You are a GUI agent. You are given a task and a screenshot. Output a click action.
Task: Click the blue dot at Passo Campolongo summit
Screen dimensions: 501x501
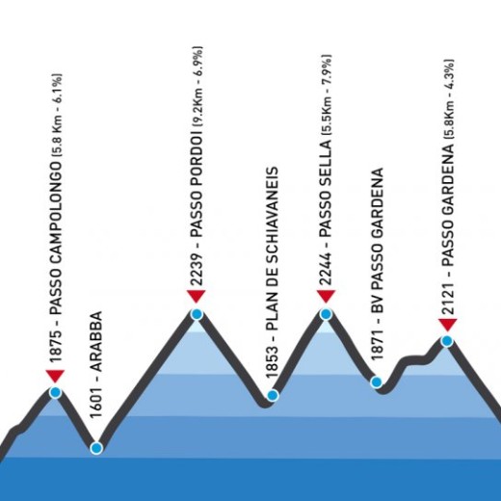pyautogui.click(x=56, y=392)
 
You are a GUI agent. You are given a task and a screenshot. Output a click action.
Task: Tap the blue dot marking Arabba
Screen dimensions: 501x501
pyautogui.click(x=96, y=448)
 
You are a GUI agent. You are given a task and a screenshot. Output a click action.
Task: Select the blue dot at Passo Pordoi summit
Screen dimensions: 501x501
pyautogui.click(x=197, y=314)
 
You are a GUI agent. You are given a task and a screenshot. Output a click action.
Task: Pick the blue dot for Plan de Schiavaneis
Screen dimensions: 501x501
pyautogui.click(x=273, y=395)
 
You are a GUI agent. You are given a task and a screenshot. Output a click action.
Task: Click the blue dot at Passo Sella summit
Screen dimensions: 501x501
pyautogui.click(x=326, y=314)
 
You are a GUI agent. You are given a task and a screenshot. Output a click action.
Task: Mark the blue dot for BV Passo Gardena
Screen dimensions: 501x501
pyautogui.click(x=376, y=382)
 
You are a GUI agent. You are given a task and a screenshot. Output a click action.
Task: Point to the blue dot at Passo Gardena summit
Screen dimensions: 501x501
pyautogui.click(x=447, y=341)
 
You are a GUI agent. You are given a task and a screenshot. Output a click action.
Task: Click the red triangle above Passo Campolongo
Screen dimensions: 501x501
pyautogui.click(x=55, y=376)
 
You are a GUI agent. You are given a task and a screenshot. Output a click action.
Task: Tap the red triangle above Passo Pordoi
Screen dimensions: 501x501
pyautogui.click(x=197, y=296)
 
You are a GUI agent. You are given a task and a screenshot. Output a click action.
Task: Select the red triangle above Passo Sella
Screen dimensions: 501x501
pyautogui.click(x=326, y=296)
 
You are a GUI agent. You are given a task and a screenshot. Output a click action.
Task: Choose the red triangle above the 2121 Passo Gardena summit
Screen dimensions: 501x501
pyautogui.click(x=448, y=325)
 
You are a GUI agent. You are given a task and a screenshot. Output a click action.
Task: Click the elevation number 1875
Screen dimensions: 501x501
pyautogui.click(x=55, y=346)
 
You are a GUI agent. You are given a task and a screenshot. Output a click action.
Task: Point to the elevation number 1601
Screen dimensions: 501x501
pyautogui.click(x=95, y=402)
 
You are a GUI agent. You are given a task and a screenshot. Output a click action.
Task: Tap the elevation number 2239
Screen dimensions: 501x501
pyautogui.click(x=197, y=269)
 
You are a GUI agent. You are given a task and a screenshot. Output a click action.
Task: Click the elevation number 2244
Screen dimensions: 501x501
pyautogui.click(x=326, y=269)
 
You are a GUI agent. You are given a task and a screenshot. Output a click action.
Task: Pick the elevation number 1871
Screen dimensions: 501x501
pyautogui.click(x=378, y=343)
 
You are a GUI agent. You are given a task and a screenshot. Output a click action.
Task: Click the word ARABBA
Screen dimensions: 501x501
pyautogui.click(x=95, y=341)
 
